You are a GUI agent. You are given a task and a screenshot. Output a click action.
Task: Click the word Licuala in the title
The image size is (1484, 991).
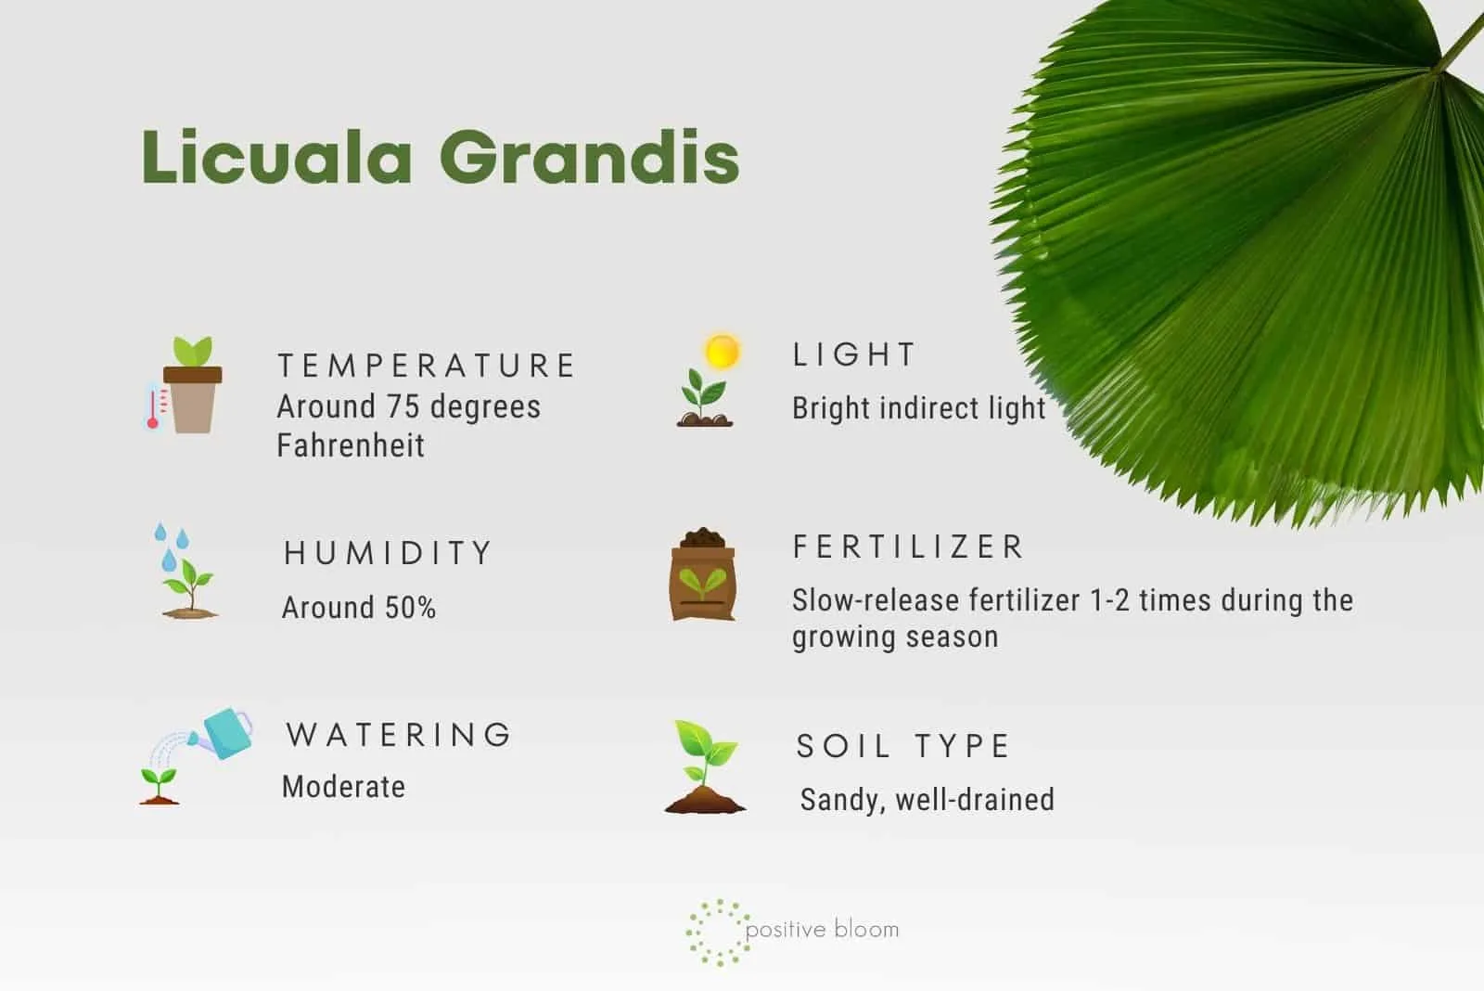pos(277,157)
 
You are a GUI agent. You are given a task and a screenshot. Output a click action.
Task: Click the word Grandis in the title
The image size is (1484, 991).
pos(589,157)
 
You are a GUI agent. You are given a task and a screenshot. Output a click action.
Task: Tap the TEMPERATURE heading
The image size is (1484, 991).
pos(426,366)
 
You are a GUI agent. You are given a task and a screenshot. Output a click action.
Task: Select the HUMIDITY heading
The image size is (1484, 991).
pos(388,553)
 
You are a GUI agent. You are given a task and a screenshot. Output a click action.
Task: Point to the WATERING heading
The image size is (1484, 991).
pos(398,735)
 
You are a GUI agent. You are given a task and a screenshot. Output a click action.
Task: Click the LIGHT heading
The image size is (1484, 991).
pos(854,354)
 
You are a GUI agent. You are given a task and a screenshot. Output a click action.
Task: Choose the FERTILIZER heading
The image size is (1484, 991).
pos(908,547)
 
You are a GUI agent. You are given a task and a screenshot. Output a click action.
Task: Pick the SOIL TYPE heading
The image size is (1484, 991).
pos(902,746)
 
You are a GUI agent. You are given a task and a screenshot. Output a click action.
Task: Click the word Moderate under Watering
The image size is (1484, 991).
pos(343,787)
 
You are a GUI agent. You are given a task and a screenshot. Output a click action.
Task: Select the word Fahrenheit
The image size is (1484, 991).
pos(351,444)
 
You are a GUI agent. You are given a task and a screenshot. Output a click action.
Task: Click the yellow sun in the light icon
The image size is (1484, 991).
pos(722,351)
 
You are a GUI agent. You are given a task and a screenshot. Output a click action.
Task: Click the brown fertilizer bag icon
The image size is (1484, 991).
pos(703,574)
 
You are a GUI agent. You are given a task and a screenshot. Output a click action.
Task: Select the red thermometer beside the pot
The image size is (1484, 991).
pos(155,406)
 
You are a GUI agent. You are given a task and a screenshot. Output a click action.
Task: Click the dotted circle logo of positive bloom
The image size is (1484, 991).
pos(718,932)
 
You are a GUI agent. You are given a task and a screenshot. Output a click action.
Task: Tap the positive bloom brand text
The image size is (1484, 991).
pos(822,930)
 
